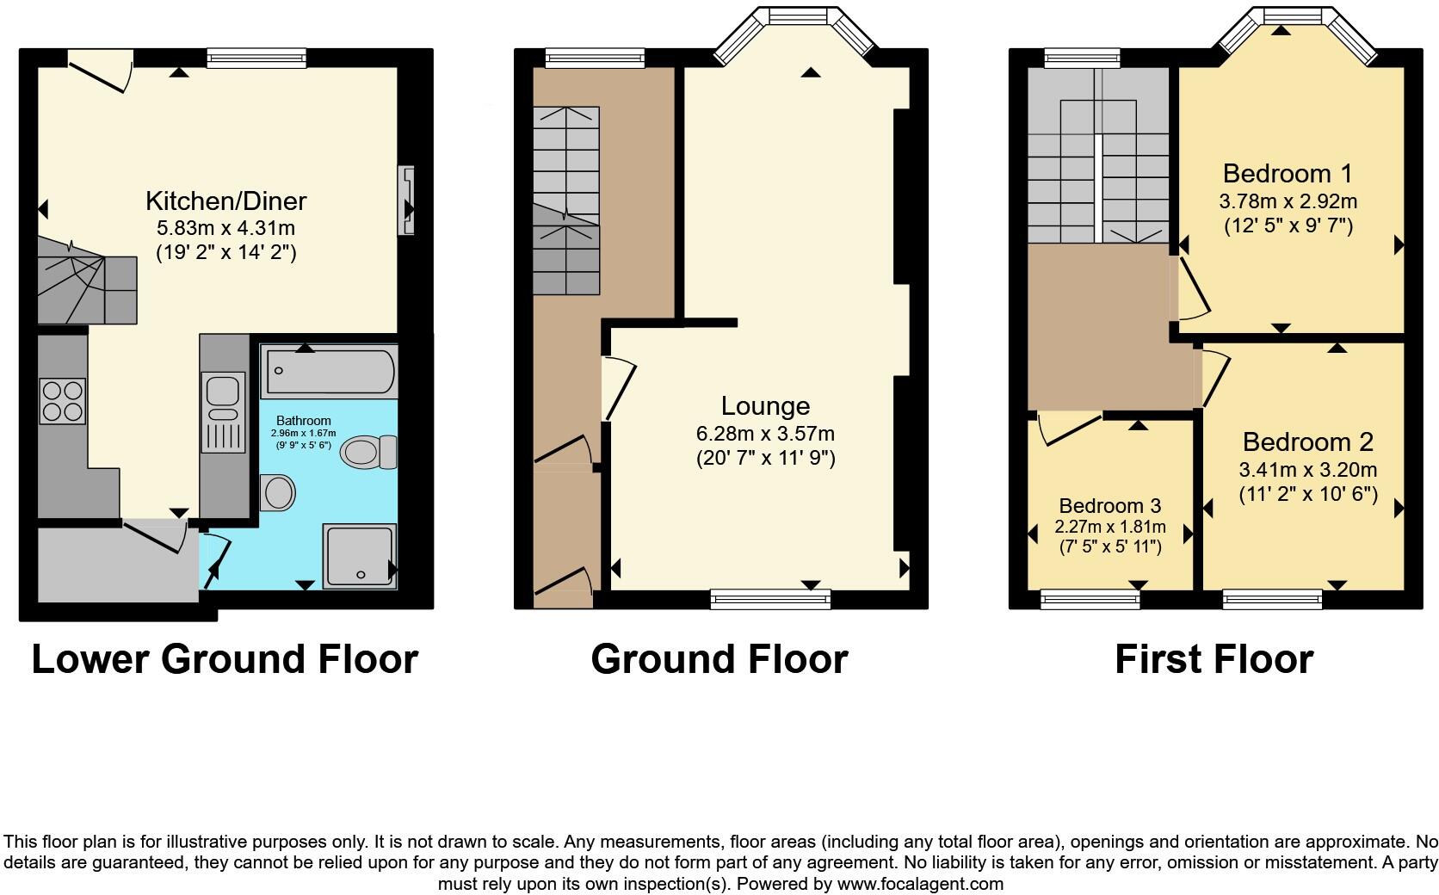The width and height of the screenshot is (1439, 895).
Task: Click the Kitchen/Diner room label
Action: pyautogui.click(x=225, y=201)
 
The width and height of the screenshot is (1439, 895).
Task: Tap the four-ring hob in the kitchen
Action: pyautogui.click(x=63, y=401)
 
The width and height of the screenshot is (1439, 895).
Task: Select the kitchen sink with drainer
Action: pyautogui.click(x=224, y=411)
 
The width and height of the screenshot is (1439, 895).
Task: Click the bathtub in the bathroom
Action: pyautogui.click(x=329, y=371)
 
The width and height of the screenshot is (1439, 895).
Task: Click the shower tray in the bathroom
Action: pyautogui.click(x=360, y=556)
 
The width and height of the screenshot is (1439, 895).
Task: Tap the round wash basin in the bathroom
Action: pyautogui.click(x=277, y=493)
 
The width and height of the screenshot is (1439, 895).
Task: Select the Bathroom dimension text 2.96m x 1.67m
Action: pyautogui.click(x=303, y=434)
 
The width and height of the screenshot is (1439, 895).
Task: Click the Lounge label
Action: pyautogui.click(x=765, y=405)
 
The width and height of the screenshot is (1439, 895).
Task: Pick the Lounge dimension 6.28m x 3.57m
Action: pyautogui.click(x=765, y=434)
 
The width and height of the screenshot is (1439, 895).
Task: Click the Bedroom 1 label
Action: pyautogui.click(x=1287, y=174)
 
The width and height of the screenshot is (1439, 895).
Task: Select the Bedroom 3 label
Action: pyautogui.click(x=1109, y=506)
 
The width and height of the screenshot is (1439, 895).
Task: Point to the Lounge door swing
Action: pyautogui.click(x=620, y=387)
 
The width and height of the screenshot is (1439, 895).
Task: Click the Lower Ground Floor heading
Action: pyautogui.click(x=225, y=659)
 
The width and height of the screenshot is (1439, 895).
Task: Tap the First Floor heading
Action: pyautogui.click(x=1214, y=659)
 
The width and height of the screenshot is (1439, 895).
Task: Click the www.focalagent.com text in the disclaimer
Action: pyautogui.click(x=920, y=884)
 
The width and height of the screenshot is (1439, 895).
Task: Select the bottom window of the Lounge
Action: pyautogui.click(x=770, y=598)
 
